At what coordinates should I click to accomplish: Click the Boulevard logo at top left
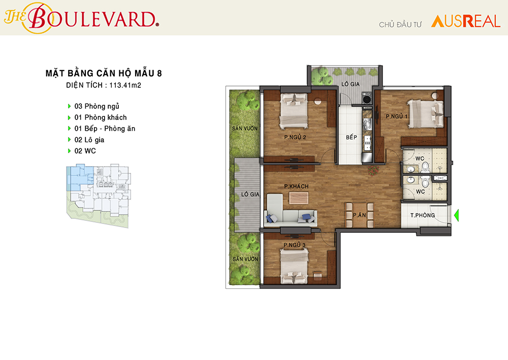(x=81, y=18)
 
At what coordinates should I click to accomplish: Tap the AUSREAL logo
(x=465, y=21)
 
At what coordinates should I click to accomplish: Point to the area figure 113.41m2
(x=125, y=85)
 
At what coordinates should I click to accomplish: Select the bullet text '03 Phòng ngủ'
(x=97, y=106)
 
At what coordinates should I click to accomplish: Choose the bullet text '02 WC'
(x=85, y=151)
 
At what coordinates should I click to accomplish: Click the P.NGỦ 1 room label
(x=397, y=116)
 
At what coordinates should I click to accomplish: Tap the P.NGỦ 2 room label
(x=295, y=137)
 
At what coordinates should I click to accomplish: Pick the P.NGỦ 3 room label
(x=295, y=245)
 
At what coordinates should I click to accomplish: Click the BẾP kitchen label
(x=351, y=137)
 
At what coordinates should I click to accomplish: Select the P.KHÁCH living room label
(x=296, y=186)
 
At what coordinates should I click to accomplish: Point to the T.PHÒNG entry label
(x=423, y=215)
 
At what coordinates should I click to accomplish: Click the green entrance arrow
(x=457, y=216)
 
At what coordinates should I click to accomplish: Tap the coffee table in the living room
(x=299, y=198)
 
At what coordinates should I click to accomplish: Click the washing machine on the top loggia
(x=367, y=99)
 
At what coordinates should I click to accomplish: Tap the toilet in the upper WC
(x=425, y=167)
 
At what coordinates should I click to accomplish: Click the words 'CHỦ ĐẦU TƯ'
(x=400, y=24)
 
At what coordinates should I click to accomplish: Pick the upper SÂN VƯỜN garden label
(x=245, y=129)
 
